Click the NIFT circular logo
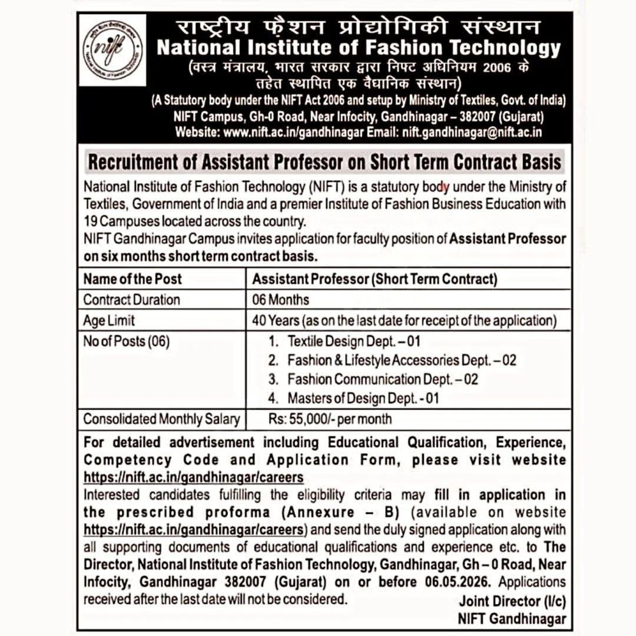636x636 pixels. (x=112, y=50)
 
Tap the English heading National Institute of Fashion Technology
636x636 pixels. (x=359, y=47)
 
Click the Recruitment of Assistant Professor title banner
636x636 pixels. (x=324, y=161)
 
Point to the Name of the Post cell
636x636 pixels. (x=132, y=279)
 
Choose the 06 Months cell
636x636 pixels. (x=280, y=300)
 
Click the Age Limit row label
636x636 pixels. (x=109, y=320)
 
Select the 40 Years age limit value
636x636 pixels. (x=404, y=320)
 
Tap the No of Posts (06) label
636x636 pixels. (x=126, y=341)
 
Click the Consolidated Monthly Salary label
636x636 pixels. (x=161, y=419)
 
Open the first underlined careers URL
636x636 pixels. (x=194, y=476)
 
